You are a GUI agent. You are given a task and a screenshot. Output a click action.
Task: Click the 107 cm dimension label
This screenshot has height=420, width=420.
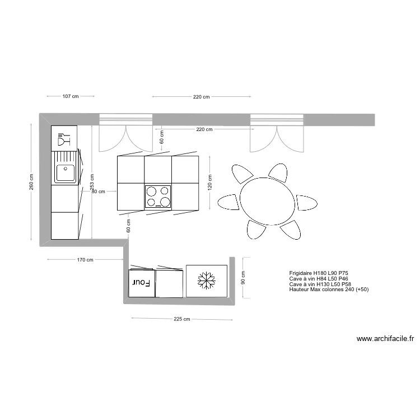tap(71, 97)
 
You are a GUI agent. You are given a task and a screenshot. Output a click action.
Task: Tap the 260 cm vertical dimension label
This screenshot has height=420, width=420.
tap(32, 181)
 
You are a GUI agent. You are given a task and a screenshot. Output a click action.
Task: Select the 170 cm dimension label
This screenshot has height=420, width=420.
tap(85, 260)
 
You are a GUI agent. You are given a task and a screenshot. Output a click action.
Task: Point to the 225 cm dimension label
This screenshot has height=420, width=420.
tap(182, 319)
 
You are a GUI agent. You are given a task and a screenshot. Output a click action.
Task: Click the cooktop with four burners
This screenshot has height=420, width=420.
tap(158, 196)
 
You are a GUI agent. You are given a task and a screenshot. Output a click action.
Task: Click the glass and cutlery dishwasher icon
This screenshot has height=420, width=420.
tap(63, 138)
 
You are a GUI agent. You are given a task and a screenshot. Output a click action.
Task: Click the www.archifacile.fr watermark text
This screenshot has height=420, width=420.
tap(385, 339)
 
